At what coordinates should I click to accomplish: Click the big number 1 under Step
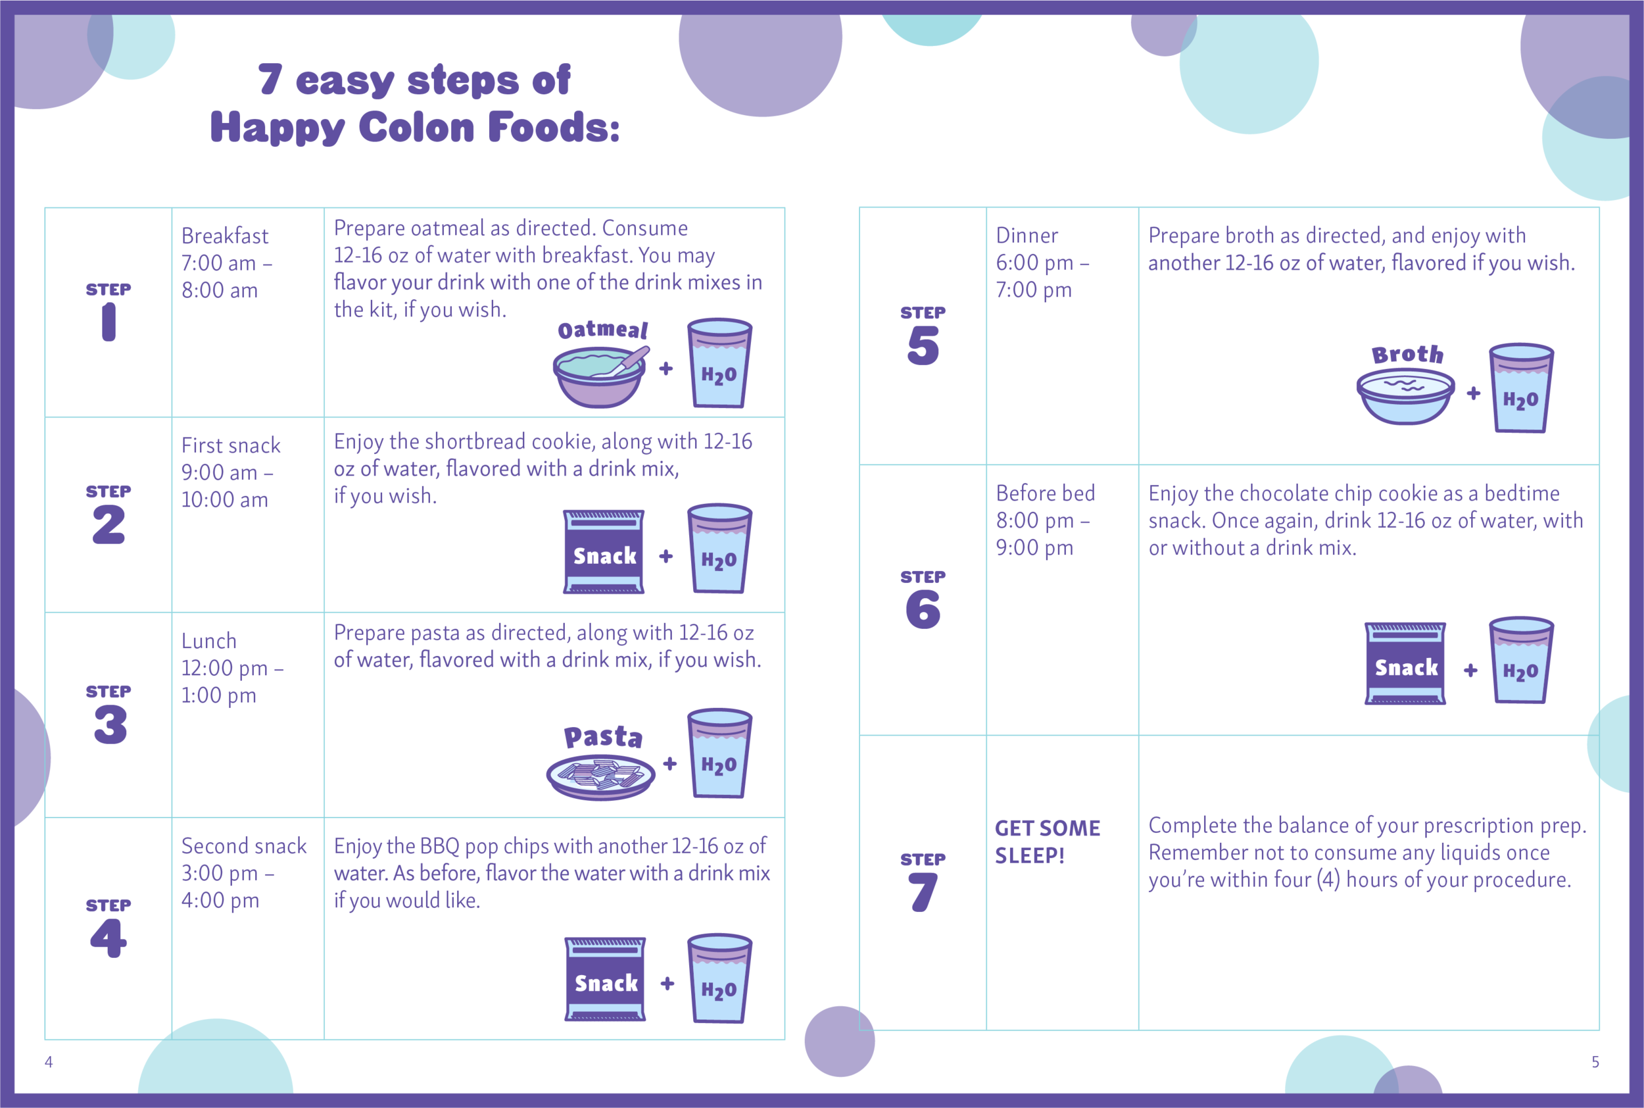point(109,322)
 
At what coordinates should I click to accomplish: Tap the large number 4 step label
point(108,938)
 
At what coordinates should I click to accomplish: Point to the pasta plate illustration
point(600,776)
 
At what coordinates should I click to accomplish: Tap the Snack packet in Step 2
point(604,552)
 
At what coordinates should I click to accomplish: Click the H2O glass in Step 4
point(719,978)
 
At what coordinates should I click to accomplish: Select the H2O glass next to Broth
point(1520,389)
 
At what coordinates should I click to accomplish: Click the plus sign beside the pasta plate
point(669,763)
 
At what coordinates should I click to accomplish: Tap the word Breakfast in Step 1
point(224,236)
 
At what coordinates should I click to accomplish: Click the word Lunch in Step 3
point(209,641)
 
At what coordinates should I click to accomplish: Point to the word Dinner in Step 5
point(1027,236)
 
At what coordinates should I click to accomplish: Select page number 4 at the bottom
point(49,1061)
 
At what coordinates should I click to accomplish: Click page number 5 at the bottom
point(1595,1061)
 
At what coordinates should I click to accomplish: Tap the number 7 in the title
point(270,79)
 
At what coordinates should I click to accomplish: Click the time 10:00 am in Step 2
point(224,499)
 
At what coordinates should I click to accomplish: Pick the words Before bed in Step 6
point(1045,493)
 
